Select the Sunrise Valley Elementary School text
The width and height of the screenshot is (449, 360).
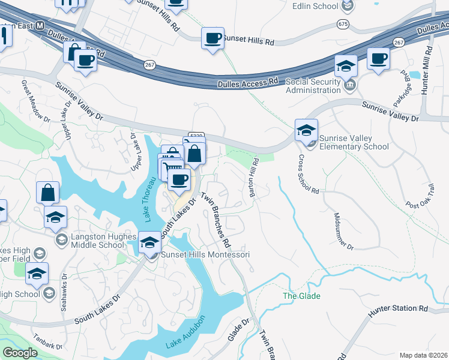[x=354, y=142]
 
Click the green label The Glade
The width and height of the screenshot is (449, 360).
[x=301, y=296]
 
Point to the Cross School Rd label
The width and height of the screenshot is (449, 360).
[x=307, y=174]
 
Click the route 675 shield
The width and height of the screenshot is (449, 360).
[x=343, y=24]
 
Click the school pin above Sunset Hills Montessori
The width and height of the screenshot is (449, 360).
[x=149, y=242]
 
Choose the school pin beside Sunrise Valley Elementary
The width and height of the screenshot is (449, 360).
[x=306, y=129]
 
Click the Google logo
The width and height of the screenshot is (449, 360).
[x=20, y=352]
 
